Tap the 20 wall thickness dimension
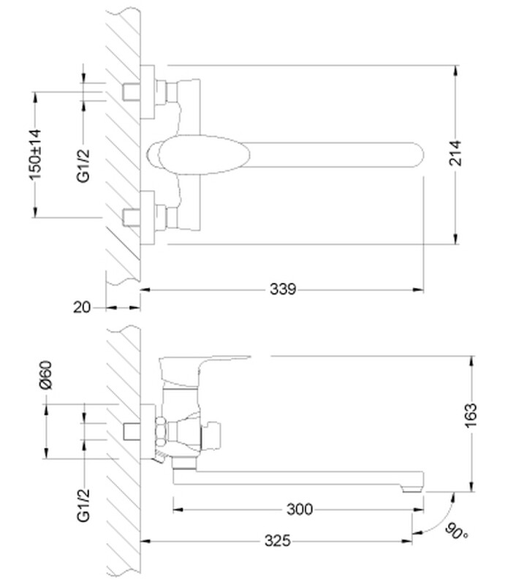click(x=82, y=308)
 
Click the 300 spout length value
click(x=299, y=509)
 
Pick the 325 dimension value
click(x=276, y=541)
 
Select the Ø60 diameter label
click(x=45, y=373)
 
